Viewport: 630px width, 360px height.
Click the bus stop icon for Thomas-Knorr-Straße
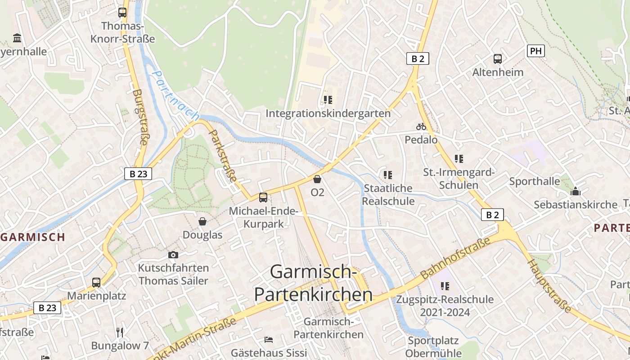pyautogui.click(x=122, y=13)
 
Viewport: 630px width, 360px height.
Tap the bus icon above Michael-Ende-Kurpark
pyautogui.click(x=263, y=197)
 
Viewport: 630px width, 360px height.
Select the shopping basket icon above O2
pyautogui.click(x=317, y=179)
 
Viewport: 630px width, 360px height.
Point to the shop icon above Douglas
pyautogui.click(x=202, y=221)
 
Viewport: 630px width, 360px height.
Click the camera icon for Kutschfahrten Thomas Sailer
pyautogui.click(x=173, y=255)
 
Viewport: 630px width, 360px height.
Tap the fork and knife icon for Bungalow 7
pyautogui.click(x=120, y=333)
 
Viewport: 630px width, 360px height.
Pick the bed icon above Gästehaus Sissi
pyautogui.click(x=269, y=339)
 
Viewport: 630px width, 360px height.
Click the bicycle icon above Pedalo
pyautogui.click(x=421, y=127)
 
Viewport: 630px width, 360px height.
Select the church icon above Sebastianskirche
pyautogui.click(x=576, y=192)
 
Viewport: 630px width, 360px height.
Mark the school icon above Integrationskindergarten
pyautogui.click(x=328, y=99)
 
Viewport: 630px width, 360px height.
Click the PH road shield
pyautogui.click(x=535, y=51)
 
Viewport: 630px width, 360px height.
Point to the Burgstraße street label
pyautogui.click(x=140, y=117)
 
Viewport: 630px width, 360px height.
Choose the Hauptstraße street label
pyautogui.click(x=549, y=285)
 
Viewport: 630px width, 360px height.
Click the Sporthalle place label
pyautogui.click(x=535, y=181)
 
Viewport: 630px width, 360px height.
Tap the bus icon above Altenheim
pyautogui.click(x=498, y=58)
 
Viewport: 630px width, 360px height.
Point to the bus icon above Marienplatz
pyautogui.click(x=96, y=283)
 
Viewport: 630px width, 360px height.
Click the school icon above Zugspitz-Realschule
pyautogui.click(x=445, y=286)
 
